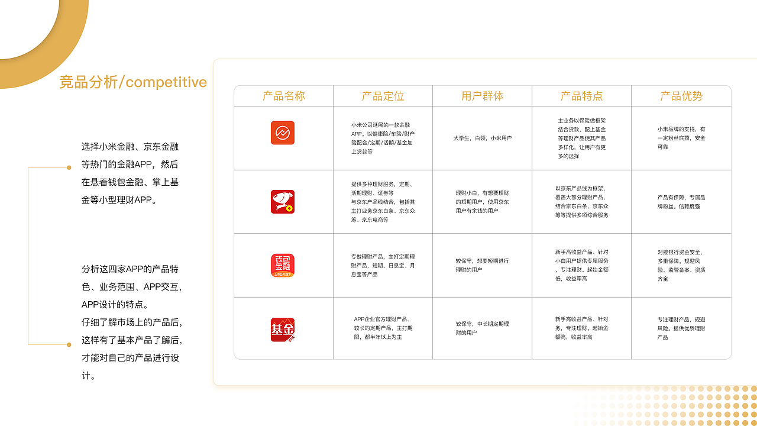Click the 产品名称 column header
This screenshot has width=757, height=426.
click(284, 96)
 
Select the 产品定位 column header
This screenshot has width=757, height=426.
click(383, 96)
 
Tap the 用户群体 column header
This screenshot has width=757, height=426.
click(482, 96)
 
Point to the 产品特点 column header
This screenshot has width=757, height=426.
click(581, 96)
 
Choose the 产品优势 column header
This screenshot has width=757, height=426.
click(681, 96)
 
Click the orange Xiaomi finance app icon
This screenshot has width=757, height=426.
click(283, 133)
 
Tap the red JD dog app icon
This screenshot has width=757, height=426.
click(283, 202)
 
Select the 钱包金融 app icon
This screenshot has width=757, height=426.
click(283, 266)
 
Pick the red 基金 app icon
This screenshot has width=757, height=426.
click(283, 330)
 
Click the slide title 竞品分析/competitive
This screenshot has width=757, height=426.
click(133, 82)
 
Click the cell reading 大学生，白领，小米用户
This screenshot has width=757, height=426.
click(482, 138)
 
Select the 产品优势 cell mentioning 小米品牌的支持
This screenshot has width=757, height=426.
click(681, 138)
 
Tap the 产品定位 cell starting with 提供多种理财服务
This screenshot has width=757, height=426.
click(383, 202)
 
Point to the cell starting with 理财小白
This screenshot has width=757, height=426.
click(482, 202)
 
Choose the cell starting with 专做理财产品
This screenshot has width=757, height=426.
click(383, 266)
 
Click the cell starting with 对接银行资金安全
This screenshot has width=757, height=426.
click(681, 266)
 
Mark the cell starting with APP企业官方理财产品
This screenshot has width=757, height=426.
click(383, 328)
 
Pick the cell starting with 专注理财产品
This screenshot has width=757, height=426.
click(681, 328)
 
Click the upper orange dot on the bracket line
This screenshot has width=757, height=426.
click(69, 168)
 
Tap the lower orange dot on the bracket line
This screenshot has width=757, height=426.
click(69, 344)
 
